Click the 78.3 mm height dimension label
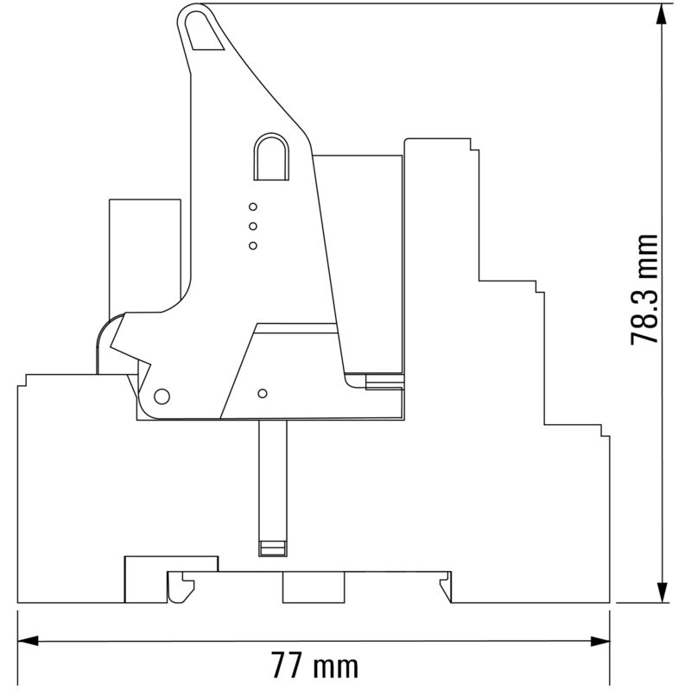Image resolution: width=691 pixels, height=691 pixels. click(645, 289)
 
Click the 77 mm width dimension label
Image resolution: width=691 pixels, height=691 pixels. click(314, 667)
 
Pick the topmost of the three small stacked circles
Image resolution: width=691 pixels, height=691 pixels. click(253, 206)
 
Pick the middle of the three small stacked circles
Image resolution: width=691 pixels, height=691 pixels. click(253, 226)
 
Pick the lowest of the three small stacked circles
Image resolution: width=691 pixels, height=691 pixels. click(253, 246)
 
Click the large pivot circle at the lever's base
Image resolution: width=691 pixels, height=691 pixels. click(161, 396)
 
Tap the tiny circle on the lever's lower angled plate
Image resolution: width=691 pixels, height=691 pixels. click(263, 391)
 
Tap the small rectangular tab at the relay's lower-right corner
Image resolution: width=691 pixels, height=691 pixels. click(384, 383)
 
